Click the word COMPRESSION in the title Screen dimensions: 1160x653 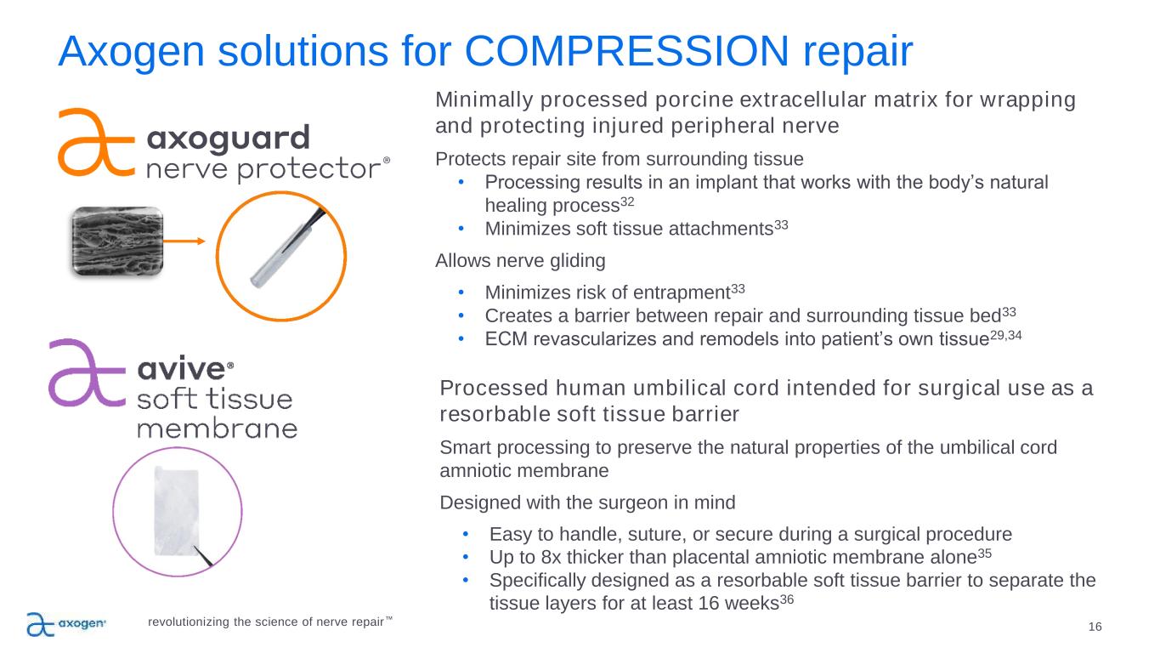[626, 51]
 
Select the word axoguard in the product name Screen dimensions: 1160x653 [229, 139]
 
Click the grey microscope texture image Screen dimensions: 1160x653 [117, 241]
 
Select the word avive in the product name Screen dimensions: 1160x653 [181, 369]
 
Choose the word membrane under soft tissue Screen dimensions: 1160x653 [218, 429]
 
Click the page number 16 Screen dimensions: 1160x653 [1095, 627]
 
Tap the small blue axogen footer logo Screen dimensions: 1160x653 [66, 623]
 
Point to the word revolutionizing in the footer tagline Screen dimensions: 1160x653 [189, 622]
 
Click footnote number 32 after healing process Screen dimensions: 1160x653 [627, 201]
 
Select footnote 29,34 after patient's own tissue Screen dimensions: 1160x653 [1005, 335]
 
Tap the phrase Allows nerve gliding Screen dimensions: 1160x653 [520, 261]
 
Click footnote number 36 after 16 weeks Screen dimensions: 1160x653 [787, 599]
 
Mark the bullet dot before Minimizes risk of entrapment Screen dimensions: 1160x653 [461, 292]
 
